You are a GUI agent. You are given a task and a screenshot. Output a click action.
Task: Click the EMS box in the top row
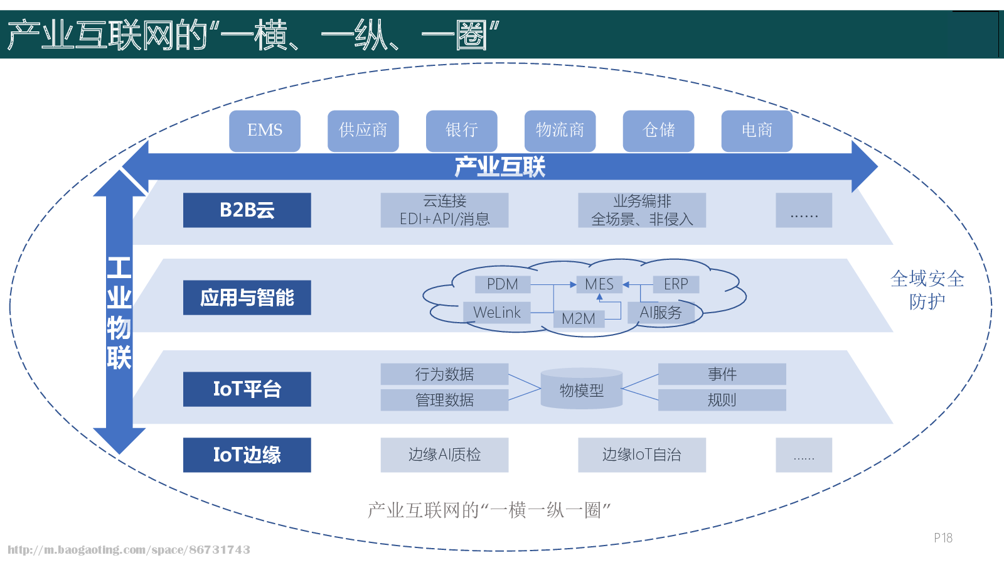[264, 131]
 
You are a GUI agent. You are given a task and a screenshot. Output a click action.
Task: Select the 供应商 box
[363, 131]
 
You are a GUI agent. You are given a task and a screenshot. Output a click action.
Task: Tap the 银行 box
[461, 131]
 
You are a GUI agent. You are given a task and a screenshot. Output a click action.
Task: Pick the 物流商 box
[560, 131]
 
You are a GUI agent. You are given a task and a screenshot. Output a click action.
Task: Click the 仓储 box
[658, 131]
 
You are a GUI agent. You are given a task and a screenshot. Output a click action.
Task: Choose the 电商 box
[757, 131]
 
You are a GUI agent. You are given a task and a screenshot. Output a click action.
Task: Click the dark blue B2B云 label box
[247, 210]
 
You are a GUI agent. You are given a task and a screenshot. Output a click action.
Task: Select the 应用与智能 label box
[247, 297]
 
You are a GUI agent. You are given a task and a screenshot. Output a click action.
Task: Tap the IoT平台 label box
[247, 389]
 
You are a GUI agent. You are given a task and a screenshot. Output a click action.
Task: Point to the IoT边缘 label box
[247, 455]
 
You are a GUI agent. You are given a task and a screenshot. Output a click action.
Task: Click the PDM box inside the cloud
[502, 284]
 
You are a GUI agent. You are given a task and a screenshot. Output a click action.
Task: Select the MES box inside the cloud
[599, 284]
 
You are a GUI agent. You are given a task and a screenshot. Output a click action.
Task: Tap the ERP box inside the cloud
[676, 284]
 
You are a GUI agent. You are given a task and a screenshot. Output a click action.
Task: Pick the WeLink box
[496, 312]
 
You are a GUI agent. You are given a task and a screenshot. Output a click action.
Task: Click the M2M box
[579, 319]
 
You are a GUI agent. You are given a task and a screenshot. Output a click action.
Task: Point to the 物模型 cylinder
[581, 390]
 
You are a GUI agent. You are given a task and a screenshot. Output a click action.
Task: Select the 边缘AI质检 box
[444, 455]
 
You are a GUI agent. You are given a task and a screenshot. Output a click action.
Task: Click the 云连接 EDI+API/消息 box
[444, 210]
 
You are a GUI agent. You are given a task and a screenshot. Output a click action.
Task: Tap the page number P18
[943, 537]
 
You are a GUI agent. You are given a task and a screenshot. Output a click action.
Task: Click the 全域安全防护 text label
[927, 290]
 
